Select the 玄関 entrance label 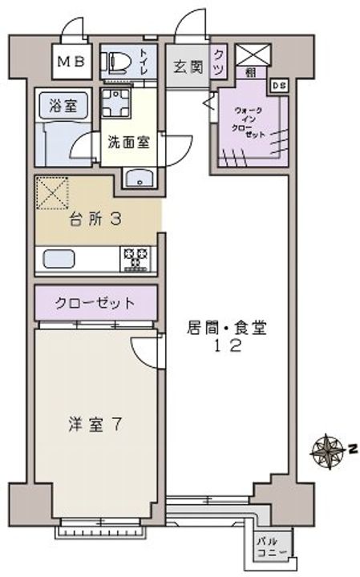point(187,67)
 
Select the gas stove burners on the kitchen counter point(134,258)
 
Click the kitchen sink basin point(58,259)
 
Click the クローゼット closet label point(95,303)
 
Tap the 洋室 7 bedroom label point(95,425)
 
